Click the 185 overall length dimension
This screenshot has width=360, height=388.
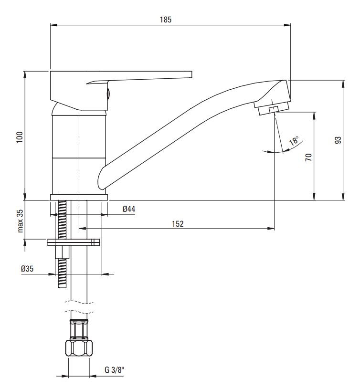point(166,20)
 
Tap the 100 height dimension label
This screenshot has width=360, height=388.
point(19,137)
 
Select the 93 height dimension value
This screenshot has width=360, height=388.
point(338,140)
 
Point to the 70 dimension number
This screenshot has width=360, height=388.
point(308,157)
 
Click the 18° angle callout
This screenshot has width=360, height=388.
point(294,140)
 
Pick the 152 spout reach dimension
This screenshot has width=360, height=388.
point(178,224)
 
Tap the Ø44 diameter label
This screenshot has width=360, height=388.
point(129,209)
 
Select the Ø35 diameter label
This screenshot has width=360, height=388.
point(27,269)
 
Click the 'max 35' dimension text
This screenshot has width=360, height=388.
point(20,221)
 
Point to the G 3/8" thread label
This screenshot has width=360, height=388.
point(114,370)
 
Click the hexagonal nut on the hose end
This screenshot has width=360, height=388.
point(79,348)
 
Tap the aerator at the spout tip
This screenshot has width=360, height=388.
point(272,108)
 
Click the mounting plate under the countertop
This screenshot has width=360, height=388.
point(74,242)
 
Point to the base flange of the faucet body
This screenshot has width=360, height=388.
point(79,197)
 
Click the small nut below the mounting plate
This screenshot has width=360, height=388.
point(62,252)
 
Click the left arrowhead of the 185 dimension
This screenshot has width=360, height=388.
point(54,25)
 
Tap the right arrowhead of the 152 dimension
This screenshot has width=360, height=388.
point(271,229)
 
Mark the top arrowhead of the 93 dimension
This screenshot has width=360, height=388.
point(343,84)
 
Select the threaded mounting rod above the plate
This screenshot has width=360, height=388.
point(62,220)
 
